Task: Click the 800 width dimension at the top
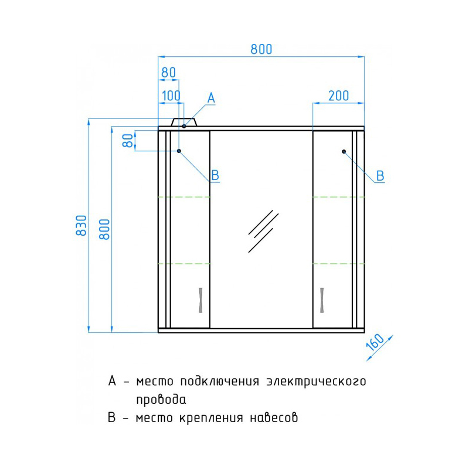(261, 49)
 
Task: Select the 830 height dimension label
(81, 225)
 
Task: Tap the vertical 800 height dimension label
(105, 229)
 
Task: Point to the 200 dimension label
(339, 96)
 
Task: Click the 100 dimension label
(171, 96)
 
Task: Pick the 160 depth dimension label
(375, 342)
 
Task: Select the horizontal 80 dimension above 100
(168, 72)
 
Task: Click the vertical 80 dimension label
(128, 141)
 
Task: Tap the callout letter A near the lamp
(211, 98)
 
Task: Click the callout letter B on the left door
(215, 175)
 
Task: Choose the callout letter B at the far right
(380, 175)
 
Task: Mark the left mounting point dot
(179, 151)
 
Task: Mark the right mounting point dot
(344, 152)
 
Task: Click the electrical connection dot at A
(184, 126)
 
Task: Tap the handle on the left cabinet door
(200, 300)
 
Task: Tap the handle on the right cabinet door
(322, 300)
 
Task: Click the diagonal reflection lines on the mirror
(263, 231)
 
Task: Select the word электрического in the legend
(316, 382)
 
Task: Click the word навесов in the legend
(274, 417)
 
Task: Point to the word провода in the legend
(161, 399)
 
